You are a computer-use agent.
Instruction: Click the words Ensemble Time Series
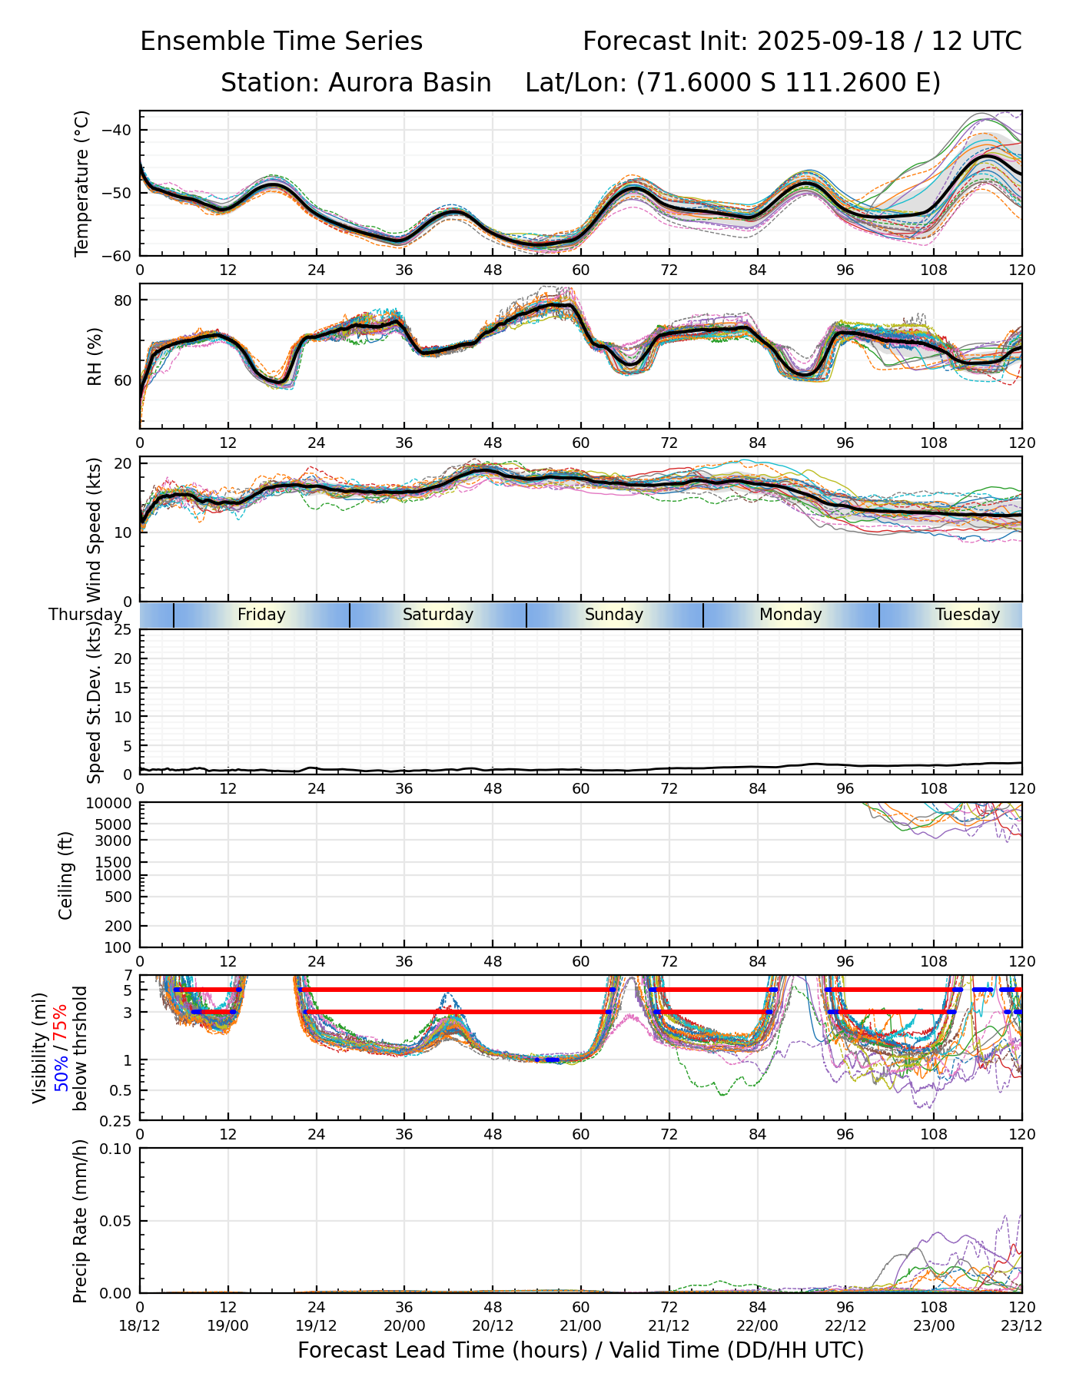point(281,41)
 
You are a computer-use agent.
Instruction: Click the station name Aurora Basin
point(410,83)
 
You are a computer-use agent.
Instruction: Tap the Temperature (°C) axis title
point(82,183)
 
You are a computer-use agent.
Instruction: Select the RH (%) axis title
point(95,356)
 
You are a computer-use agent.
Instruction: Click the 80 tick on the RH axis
point(123,300)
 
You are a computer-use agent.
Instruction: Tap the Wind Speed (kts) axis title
point(95,529)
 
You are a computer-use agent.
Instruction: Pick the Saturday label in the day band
point(438,615)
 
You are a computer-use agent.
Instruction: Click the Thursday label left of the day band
point(85,615)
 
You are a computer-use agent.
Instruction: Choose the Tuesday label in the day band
point(967,615)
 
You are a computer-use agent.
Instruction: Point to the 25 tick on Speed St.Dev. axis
point(123,630)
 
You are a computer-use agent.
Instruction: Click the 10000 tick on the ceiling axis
point(111,804)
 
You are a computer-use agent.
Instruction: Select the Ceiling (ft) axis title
point(66,875)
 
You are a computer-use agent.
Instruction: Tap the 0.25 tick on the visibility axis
point(118,1119)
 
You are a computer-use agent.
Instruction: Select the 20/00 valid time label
point(404,1326)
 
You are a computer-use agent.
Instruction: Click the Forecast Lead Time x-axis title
point(580,1351)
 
